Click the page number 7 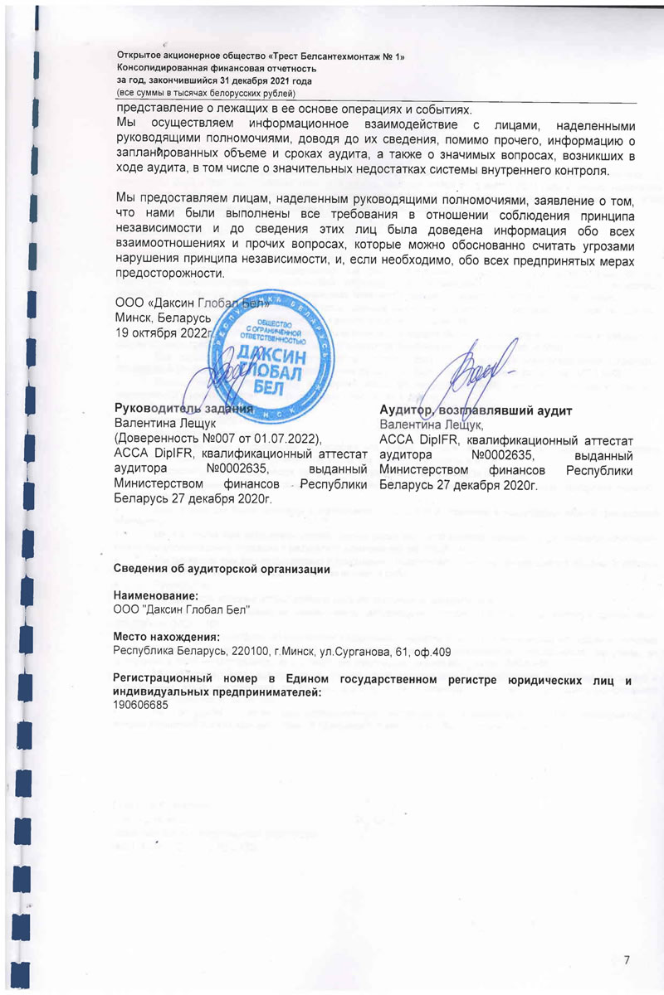point(627,959)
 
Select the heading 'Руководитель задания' point(183,408)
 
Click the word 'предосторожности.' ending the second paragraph point(170,274)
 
